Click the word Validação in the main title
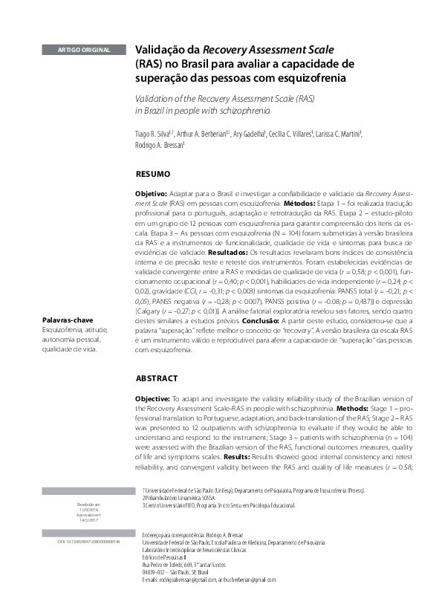tap(159, 50)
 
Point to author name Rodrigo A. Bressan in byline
tap(159, 145)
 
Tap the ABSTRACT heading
tap(156, 377)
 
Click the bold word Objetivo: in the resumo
tap(151, 192)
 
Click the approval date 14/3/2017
tap(89, 519)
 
